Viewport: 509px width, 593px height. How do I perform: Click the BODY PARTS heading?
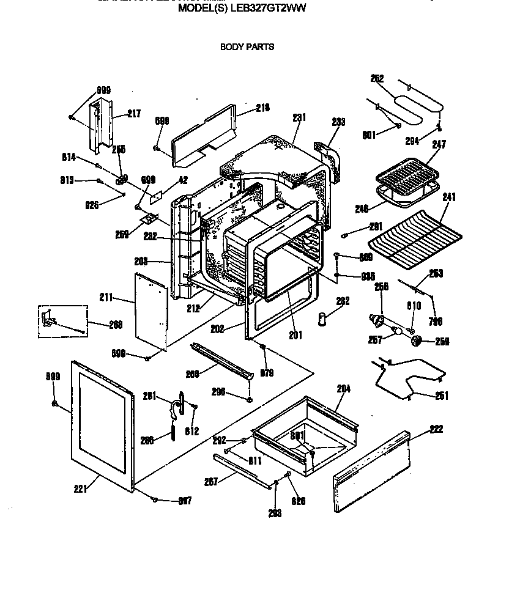[247, 46]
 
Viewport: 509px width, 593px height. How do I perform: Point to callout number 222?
[436, 429]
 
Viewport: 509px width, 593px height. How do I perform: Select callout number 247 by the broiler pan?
[439, 145]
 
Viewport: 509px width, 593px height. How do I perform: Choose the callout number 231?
[299, 117]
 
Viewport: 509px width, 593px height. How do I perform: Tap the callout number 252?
[377, 78]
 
